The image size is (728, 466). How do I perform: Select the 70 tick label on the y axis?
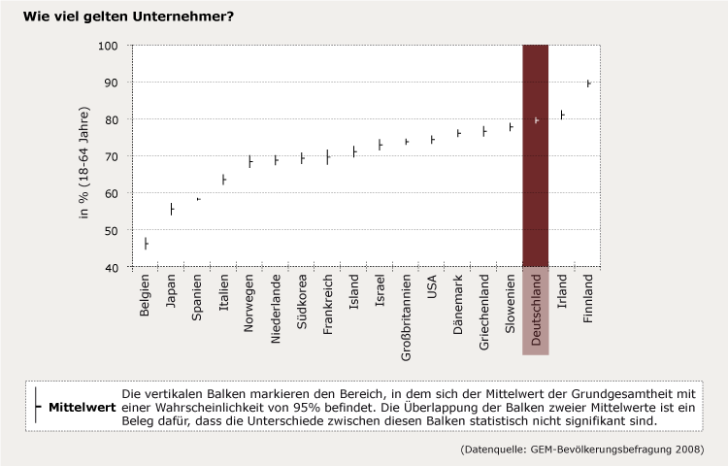(110, 156)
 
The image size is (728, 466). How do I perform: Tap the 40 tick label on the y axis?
(110, 267)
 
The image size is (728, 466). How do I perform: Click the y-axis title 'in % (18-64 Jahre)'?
(84, 156)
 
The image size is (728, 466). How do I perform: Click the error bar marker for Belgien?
(146, 243)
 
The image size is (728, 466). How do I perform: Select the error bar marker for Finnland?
(588, 83)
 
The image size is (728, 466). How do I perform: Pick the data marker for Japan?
(172, 209)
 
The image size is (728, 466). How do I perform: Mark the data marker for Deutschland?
(536, 120)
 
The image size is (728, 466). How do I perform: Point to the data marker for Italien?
(223, 180)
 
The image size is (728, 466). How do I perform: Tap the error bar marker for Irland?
(562, 115)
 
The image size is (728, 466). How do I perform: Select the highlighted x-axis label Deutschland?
(536, 310)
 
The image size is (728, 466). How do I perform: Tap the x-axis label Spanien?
(198, 298)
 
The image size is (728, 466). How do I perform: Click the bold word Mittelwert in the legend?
(82, 407)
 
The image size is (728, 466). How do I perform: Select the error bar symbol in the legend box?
(36, 407)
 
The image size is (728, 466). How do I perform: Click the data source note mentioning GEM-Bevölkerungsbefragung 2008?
(582, 449)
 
